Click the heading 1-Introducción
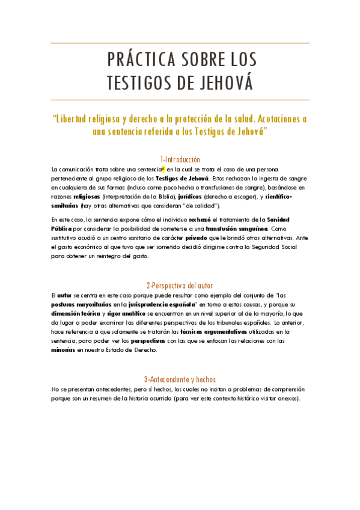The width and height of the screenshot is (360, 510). point(180,159)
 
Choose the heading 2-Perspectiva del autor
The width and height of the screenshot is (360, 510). point(180,285)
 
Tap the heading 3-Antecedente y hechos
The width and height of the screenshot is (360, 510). point(180,379)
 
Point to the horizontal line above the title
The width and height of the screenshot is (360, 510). point(180,43)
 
